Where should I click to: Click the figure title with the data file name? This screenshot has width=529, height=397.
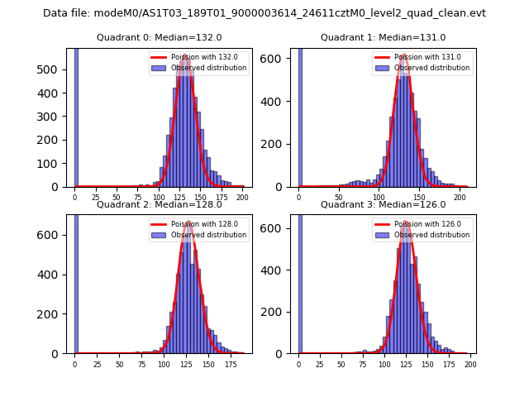264,13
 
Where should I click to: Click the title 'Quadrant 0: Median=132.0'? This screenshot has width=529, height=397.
159,37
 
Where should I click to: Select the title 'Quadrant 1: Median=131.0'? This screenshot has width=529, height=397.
383,37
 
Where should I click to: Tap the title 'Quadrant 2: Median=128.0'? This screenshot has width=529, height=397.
159,204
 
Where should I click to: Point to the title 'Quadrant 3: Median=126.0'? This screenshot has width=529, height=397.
383,204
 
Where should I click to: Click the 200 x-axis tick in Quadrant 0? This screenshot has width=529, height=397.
242,198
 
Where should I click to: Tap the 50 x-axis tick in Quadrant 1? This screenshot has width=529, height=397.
339,198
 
